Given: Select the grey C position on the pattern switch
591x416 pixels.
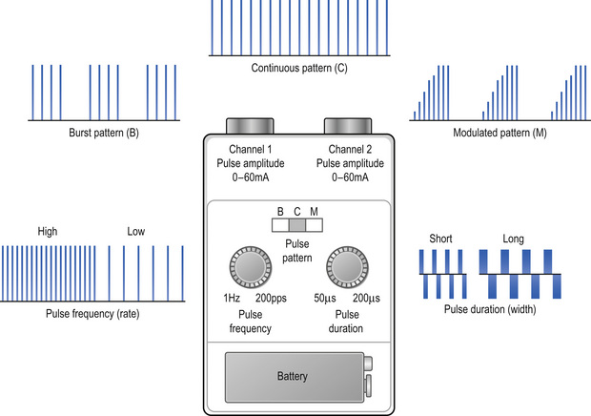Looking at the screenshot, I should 296,225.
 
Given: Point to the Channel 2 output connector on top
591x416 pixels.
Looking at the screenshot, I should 346,126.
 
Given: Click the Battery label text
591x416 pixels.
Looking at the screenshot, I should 292,377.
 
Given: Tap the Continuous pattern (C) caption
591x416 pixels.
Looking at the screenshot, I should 298,69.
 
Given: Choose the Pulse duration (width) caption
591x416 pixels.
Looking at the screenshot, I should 489,310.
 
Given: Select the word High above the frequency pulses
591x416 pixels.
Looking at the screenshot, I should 48,232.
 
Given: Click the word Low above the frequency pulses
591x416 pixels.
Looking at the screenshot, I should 137,232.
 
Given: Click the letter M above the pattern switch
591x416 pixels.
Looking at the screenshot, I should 313,210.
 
